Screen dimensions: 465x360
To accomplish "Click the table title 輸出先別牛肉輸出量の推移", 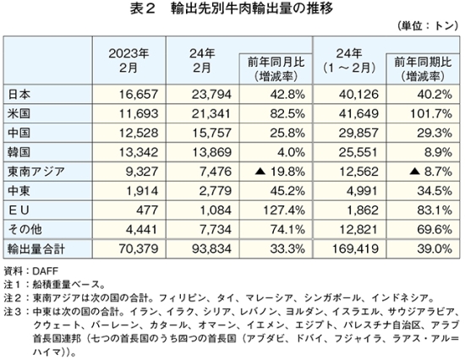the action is coord(252,8).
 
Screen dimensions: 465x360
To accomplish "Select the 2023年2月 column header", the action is coord(129,61).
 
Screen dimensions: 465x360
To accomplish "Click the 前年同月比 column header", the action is coord(276,69).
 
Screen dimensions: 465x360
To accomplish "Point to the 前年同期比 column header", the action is coord(423,69).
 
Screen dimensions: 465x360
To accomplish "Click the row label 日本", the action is coord(19,95).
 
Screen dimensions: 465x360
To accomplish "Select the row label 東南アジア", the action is coord(36,172).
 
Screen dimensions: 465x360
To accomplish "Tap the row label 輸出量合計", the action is coord(36,248).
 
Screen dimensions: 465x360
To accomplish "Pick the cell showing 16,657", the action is coord(139,95).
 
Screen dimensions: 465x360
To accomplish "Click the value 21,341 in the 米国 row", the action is coord(211,113).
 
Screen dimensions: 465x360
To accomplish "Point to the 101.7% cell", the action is coord(431,113).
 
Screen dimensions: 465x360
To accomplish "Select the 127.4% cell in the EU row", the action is coord(284,210).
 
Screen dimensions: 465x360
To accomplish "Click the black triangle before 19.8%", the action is coord(260,172).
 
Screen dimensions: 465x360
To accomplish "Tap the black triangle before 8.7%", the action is coord(414,172).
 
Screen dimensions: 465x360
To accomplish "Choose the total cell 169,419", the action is coord(355,248).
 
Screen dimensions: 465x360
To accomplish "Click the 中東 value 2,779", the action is coord(215,191).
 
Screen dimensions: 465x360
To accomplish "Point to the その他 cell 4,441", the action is coord(141,230).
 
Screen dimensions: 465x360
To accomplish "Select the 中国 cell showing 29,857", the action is coord(358,133).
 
